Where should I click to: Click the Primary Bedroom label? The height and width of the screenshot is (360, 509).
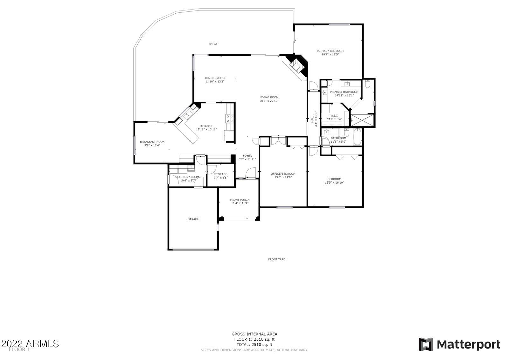[x=330, y=51]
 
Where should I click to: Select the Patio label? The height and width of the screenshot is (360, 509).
[x=213, y=44]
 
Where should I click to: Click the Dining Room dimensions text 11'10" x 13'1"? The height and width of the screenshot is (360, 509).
[x=215, y=81]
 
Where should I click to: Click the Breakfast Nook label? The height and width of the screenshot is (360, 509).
[x=152, y=142]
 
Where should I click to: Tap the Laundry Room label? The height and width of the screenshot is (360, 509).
[x=188, y=177]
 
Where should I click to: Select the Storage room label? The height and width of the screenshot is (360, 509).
[x=220, y=174]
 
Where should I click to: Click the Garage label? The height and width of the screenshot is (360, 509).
[x=193, y=219]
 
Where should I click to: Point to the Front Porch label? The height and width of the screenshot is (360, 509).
[x=240, y=200]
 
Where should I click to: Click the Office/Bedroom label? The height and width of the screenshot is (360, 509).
[x=283, y=174]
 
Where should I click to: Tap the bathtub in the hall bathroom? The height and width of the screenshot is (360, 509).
[x=357, y=136]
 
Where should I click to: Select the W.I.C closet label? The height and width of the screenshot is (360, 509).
[x=334, y=116]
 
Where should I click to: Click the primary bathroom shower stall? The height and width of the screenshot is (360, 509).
[x=363, y=120]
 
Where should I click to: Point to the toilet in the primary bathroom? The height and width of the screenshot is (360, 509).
[x=367, y=84]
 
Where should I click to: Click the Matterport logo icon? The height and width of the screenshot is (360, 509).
[x=426, y=344]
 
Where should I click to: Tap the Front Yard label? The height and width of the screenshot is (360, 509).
[x=276, y=259]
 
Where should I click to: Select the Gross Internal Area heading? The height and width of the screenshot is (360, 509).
[x=254, y=334]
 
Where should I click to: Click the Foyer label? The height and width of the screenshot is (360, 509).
[x=247, y=156]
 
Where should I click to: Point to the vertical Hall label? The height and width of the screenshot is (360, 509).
[x=312, y=119]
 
